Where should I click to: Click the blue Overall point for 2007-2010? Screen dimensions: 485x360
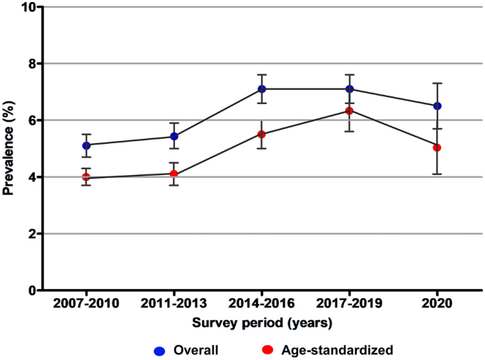[86, 145]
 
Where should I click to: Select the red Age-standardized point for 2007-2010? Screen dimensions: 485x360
[86, 177]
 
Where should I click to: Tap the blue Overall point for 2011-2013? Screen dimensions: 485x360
[174, 136]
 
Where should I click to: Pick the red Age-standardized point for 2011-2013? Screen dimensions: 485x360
[174, 174]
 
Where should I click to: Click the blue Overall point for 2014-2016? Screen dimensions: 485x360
[262, 89]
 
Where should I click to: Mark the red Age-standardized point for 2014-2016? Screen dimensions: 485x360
[262, 135]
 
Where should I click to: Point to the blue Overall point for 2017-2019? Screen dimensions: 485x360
[350, 89]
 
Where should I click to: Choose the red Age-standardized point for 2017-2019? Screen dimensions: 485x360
[350, 111]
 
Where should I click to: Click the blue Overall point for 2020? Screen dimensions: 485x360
[437, 106]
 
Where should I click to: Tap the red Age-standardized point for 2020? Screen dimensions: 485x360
[437, 147]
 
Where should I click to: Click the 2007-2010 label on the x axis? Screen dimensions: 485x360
[86, 303]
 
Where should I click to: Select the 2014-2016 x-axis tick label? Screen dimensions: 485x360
[262, 303]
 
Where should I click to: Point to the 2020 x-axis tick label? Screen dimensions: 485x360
[437, 303]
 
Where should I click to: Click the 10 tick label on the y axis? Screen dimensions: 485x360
[28, 7]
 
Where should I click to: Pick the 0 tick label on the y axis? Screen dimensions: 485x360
[32, 291]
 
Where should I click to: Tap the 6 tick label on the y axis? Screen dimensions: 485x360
[32, 120]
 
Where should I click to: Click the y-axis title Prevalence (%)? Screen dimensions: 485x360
[8, 147]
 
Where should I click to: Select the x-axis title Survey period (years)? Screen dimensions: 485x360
[262, 323]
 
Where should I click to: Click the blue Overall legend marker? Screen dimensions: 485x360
[159, 351]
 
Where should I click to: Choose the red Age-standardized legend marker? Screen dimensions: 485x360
[268, 350]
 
